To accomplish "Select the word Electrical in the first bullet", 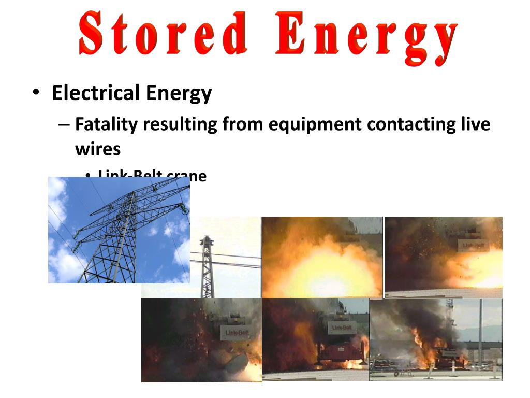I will tap(96, 93).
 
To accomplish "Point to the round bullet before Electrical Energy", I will tap(35, 94).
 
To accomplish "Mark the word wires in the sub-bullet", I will tap(97, 149).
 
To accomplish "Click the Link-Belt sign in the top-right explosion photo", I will tap(473, 244).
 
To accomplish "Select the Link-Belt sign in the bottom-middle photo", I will tap(341, 328).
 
